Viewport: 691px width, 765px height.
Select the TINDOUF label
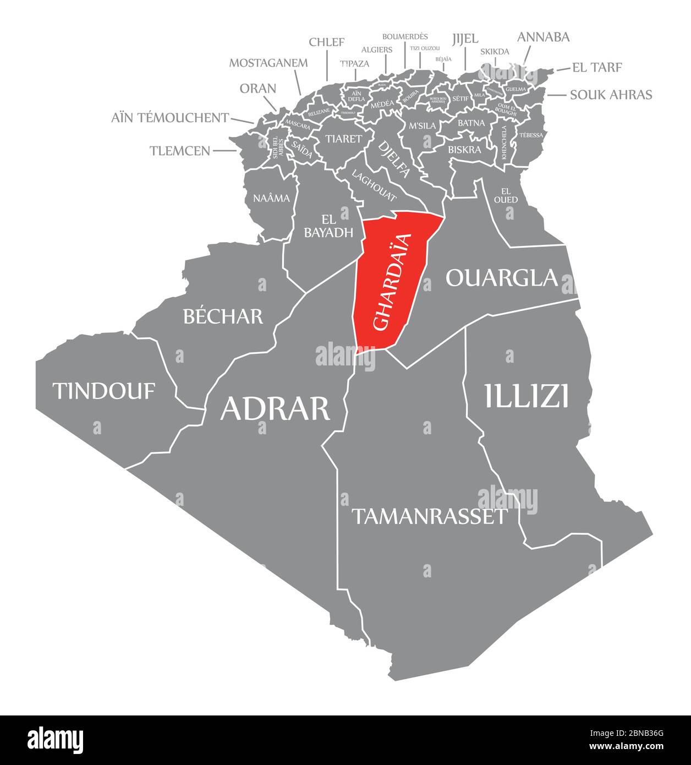coord(104,391)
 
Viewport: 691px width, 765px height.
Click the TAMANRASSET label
coord(429,516)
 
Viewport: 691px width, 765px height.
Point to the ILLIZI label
coord(527,396)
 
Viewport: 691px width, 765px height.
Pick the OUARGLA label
coord(502,278)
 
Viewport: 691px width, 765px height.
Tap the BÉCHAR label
coord(223,316)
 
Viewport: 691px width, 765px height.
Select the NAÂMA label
coord(271,198)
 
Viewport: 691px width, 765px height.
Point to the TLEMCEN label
coord(180,150)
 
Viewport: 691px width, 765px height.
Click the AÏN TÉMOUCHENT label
coord(170,117)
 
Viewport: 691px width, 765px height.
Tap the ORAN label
coord(257,89)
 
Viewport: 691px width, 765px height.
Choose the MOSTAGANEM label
coord(268,62)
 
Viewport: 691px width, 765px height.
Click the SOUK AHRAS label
coord(611,95)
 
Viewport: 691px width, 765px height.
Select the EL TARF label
coord(597,68)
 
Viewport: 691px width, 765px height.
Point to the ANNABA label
coord(543,37)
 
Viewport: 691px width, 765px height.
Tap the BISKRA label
coord(464,149)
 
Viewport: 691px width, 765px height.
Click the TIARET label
coord(343,139)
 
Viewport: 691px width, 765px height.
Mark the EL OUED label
coord(506,195)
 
